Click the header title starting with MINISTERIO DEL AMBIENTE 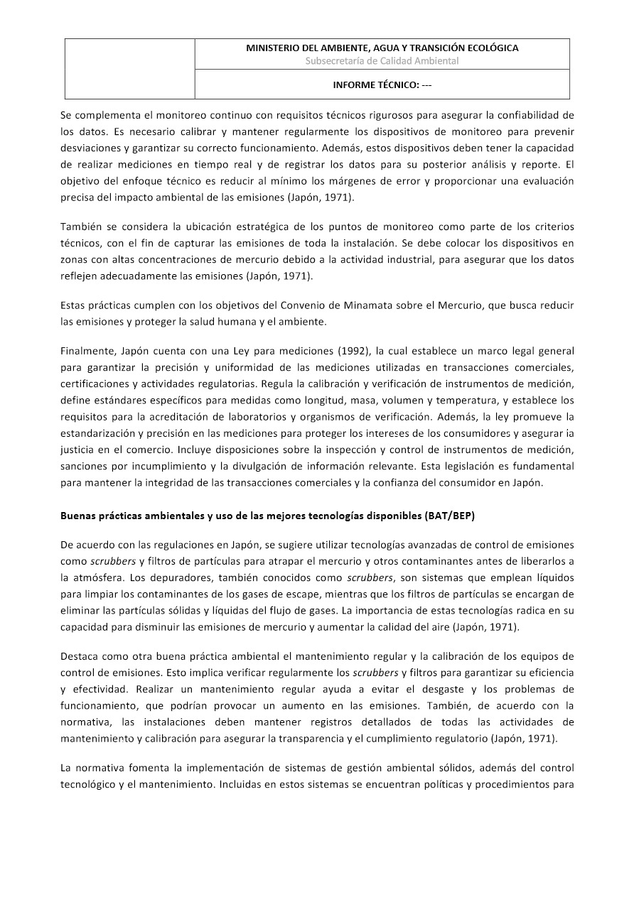click(x=382, y=48)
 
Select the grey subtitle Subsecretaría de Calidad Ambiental click(x=382, y=60)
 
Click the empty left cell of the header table click(x=130, y=68)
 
